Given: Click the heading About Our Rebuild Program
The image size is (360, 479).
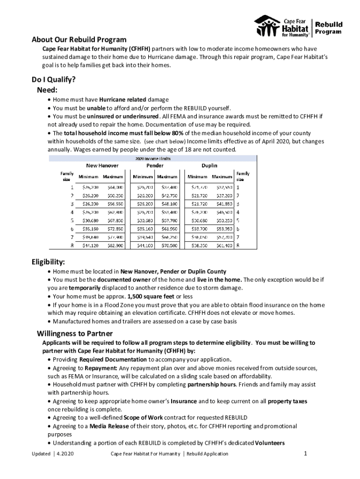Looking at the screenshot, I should pyautogui.click(x=79, y=39).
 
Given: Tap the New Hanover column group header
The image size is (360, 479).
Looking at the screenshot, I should pyautogui.click(x=102, y=166).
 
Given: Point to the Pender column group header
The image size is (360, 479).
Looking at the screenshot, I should pyautogui.click(x=155, y=166).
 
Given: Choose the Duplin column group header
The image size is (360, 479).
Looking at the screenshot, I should pyautogui.click(x=209, y=166).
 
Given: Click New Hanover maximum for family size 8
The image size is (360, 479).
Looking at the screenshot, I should pyautogui.click(x=113, y=245).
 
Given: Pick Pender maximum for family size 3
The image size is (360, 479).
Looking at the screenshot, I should pyautogui.click(x=167, y=204).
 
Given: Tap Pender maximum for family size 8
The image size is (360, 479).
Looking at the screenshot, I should pyautogui.click(x=167, y=245).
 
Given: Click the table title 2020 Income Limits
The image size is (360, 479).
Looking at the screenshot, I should pyautogui.click(x=153, y=159).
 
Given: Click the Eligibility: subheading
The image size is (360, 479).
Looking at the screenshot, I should pyautogui.click(x=48, y=261).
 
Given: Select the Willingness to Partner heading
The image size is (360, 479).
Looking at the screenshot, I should pyautogui.click(x=75, y=334).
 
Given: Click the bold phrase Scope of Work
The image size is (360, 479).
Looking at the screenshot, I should pyautogui.click(x=144, y=418).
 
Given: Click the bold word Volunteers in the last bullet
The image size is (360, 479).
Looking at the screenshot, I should pyautogui.click(x=269, y=443).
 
